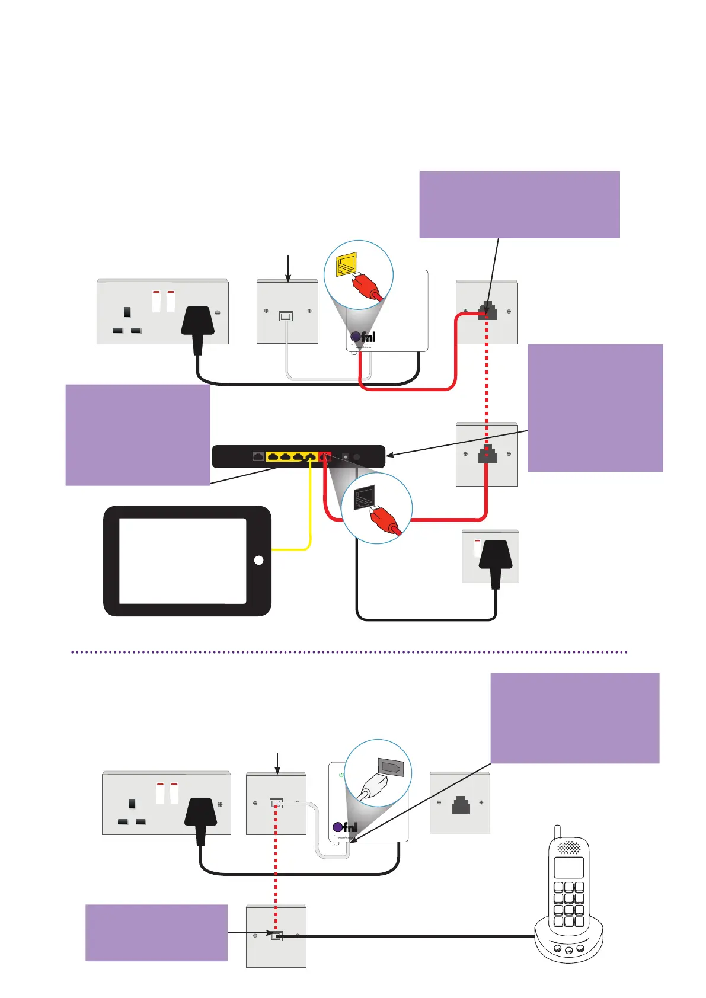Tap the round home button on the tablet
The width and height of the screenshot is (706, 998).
[258, 560]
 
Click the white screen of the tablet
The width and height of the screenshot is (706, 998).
[183, 561]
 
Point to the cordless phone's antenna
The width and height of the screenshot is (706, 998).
[557, 831]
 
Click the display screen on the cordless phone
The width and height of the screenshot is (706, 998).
[568, 868]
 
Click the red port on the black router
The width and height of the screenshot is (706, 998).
[324, 456]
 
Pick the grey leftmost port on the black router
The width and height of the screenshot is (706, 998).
[258, 456]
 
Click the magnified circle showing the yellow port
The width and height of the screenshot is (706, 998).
[359, 274]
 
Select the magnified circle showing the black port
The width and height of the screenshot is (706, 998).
[376, 508]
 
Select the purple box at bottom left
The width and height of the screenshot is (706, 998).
[156, 932]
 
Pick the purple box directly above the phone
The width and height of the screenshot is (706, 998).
[575, 718]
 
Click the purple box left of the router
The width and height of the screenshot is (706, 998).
[138, 434]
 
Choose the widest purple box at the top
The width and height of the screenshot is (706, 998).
[519, 204]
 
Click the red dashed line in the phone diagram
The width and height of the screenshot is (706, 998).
[276, 871]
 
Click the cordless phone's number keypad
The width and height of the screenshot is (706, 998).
[568, 904]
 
